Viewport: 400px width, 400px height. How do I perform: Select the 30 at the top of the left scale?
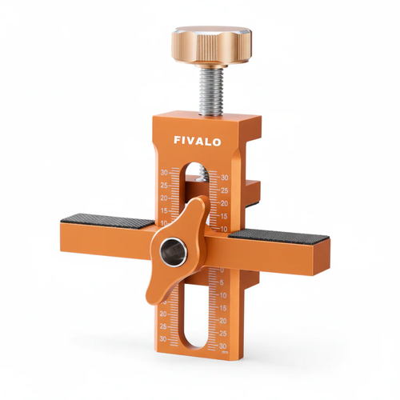click(164, 173)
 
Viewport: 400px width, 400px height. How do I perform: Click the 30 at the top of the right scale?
click(225, 178)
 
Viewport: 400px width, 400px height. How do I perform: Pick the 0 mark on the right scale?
click(223, 270)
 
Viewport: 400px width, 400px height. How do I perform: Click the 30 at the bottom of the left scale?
click(164, 338)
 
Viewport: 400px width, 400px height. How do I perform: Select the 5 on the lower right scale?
click(224, 282)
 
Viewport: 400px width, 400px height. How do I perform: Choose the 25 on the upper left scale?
click(164, 185)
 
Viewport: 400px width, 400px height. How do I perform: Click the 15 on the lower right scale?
click(224, 307)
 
